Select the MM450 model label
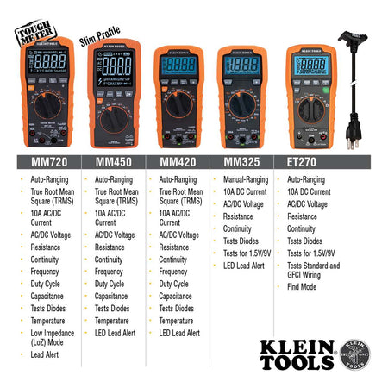(112, 160)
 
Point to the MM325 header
(241, 160)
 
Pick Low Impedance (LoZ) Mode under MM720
(52, 337)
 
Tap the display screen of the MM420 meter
(177, 66)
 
